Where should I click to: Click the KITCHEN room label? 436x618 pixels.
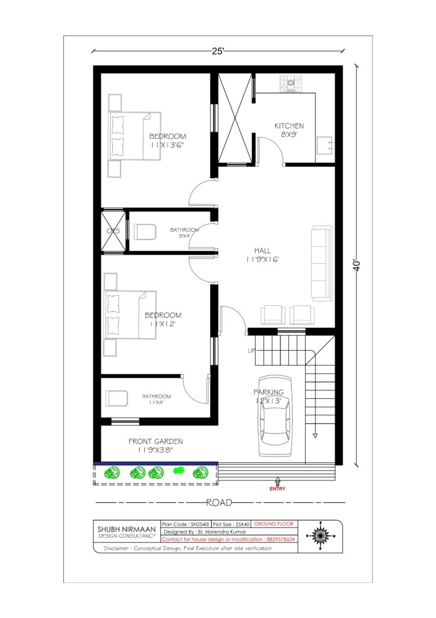pos(289,126)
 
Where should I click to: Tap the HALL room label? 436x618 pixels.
pos(262,250)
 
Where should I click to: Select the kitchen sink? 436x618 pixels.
pos(324,146)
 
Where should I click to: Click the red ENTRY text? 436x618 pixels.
pos(277,489)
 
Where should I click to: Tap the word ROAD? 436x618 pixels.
pos(219,503)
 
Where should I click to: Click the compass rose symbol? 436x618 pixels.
pos(320,536)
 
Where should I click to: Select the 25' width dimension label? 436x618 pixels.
pos(218,51)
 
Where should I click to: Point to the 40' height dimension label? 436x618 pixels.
pos(357,265)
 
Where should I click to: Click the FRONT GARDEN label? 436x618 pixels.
pos(156,441)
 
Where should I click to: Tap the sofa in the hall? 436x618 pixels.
pos(322,263)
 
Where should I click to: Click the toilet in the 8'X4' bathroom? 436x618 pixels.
pos(145,232)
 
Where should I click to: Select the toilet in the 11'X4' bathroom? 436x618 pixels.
pos(116,398)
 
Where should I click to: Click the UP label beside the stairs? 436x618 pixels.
pos(251,351)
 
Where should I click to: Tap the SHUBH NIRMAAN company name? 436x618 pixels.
pos(127,529)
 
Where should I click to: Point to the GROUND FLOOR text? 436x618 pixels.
pos(274,524)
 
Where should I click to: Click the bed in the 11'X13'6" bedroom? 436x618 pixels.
pos(134,136)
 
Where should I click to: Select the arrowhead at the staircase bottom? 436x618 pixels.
pos(315,436)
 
